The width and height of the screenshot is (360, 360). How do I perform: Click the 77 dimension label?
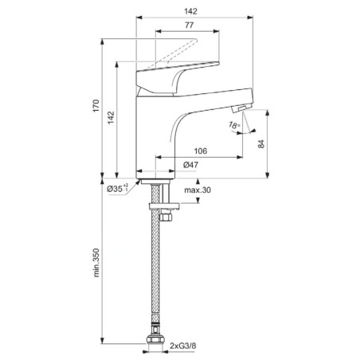click(189, 25)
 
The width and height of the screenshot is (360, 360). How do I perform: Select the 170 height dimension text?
click(96, 106)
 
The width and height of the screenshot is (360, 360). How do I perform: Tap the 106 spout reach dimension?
click(201, 151)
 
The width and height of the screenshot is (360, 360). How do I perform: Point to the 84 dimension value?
click(261, 143)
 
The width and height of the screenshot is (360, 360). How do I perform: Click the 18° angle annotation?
click(234, 125)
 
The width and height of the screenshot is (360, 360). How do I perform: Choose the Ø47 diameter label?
click(190, 165)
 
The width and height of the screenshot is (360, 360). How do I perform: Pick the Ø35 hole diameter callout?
click(117, 188)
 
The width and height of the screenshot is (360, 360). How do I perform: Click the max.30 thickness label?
click(198, 190)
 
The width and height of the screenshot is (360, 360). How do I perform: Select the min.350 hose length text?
click(96, 263)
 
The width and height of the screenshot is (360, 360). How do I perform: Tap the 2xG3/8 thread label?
click(183, 346)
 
